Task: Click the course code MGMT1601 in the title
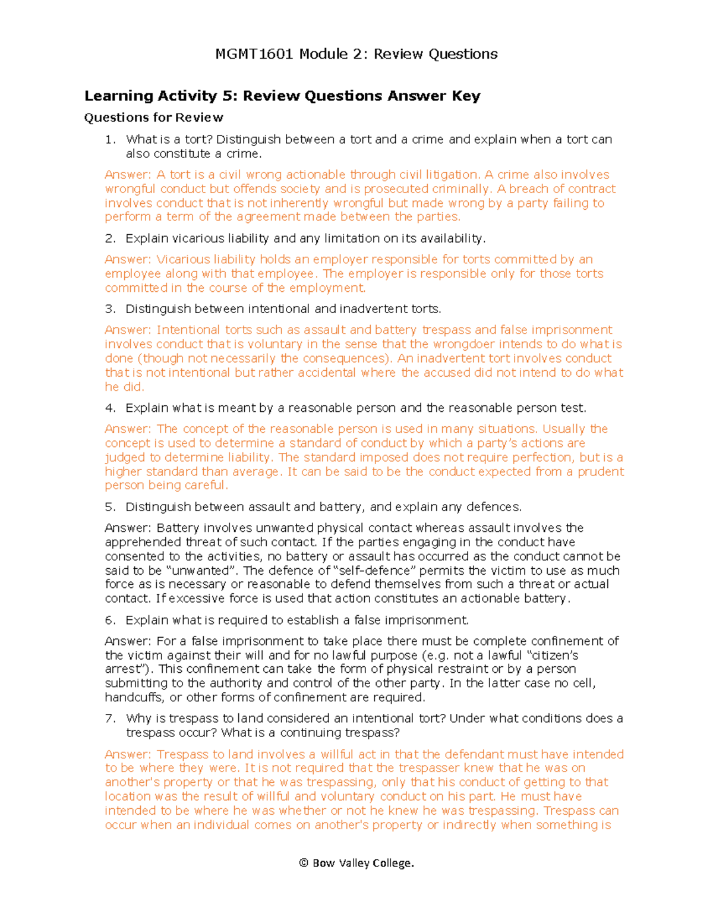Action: pos(254,54)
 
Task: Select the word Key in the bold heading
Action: pos(466,96)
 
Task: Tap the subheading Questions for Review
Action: pos(154,118)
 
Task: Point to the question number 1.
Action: pos(109,140)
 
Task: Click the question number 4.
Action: pos(109,408)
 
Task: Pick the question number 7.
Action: pos(109,719)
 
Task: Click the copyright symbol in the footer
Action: pos(304,864)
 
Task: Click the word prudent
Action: pos(601,472)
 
